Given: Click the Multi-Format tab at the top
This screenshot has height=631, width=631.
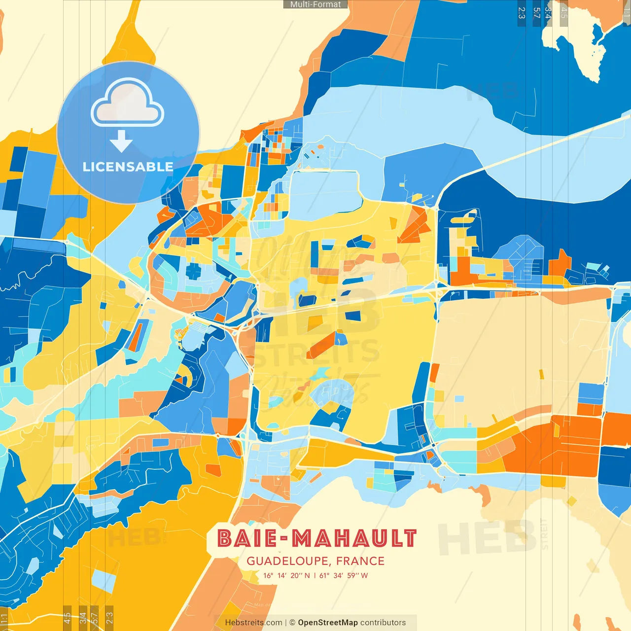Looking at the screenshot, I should click(x=315, y=4).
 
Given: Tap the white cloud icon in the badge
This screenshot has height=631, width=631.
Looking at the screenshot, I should click(x=128, y=104).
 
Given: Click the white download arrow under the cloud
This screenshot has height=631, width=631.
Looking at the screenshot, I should click(x=121, y=142).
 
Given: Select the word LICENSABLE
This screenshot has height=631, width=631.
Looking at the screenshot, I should click(x=128, y=167).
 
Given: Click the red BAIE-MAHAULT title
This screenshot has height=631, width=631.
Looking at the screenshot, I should click(x=317, y=538).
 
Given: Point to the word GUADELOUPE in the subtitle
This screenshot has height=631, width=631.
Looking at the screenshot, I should click(x=288, y=561).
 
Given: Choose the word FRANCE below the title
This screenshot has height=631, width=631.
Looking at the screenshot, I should click(x=360, y=561).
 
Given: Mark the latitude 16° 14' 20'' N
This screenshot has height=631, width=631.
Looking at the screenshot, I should click(x=286, y=575).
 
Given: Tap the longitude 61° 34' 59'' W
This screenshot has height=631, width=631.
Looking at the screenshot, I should click(x=344, y=575).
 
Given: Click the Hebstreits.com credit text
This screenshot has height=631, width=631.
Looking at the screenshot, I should click(x=253, y=623).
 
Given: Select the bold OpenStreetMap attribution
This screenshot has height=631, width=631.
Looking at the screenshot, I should click(x=327, y=623).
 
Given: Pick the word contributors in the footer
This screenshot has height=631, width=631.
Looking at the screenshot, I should click(x=383, y=623).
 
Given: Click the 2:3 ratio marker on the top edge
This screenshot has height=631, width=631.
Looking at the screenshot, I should click(x=521, y=12).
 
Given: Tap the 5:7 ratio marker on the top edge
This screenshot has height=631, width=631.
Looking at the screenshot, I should click(x=536, y=12).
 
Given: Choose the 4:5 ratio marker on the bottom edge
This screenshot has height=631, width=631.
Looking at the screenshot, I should click(x=67, y=618).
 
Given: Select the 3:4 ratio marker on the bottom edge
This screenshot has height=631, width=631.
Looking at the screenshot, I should click(x=83, y=618).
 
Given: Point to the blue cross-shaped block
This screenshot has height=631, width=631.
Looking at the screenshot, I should click(x=193, y=271).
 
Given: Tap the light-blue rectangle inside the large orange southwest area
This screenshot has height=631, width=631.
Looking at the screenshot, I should click(x=104, y=580).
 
